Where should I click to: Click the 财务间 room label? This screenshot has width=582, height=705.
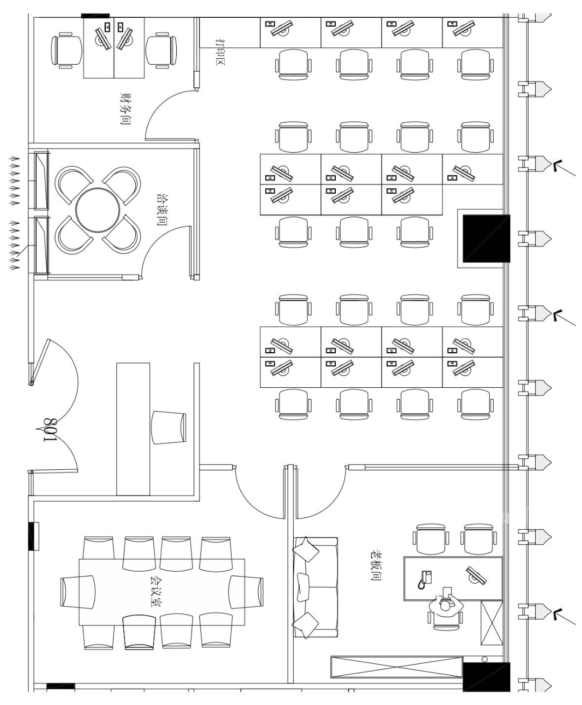(x=125, y=109)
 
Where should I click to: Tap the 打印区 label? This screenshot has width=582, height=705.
(x=220, y=52)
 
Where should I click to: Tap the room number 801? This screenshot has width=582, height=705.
(x=50, y=429)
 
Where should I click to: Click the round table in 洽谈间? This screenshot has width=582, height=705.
(x=98, y=210)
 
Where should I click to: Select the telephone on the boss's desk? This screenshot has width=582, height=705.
(x=425, y=579)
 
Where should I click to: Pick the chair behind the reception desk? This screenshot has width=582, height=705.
(x=169, y=427)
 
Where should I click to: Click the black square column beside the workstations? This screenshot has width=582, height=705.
(x=486, y=238)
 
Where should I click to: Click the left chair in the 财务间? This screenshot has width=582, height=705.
(x=67, y=51)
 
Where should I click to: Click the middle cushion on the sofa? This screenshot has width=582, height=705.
(x=303, y=587)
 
